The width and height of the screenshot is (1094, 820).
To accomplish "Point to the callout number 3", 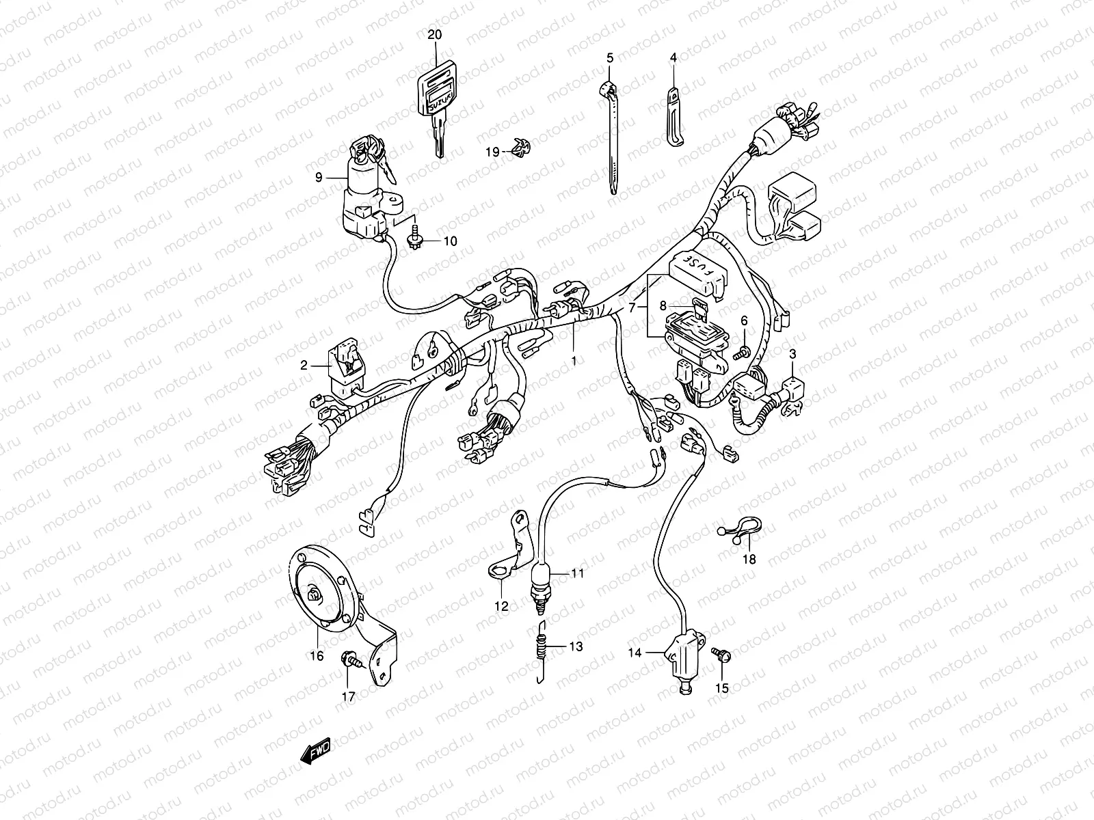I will point(792,353).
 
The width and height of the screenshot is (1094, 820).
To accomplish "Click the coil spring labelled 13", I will point(543,646).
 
